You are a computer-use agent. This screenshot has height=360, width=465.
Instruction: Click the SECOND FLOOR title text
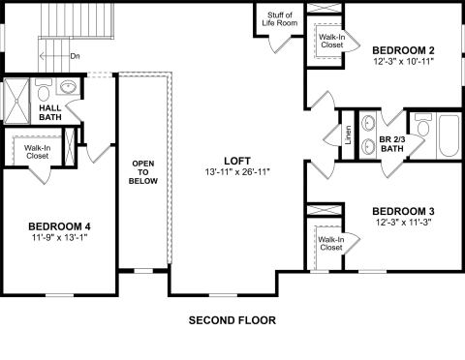pyautogui.click(x=232, y=320)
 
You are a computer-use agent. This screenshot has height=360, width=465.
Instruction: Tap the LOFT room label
pyautogui.click(x=237, y=161)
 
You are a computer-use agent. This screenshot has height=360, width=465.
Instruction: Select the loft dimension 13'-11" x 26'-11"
pyautogui.click(x=237, y=172)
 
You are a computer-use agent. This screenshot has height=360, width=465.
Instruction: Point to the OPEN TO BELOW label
pyautogui.click(x=143, y=172)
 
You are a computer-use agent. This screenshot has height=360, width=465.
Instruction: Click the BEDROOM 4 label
pyautogui.click(x=59, y=226)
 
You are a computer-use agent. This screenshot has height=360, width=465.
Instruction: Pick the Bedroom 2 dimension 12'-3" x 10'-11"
pyautogui.click(x=403, y=61)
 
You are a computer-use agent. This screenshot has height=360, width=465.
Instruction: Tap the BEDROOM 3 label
pyautogui.click(x=403, y=211)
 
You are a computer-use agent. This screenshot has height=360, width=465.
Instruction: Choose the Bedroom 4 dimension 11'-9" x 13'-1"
pyautogui.click(x=60, y=238)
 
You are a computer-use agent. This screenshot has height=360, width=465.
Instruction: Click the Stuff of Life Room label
pyautogui.click(x=280, y=19)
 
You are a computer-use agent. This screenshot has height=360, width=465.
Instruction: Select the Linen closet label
pyautogui.click(x=348, y=135)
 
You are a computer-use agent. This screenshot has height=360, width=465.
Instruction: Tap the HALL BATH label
pyautogui.click(x=50, y=112)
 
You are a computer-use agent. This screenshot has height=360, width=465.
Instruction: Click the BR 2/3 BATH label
pyautogui.click(x=392, y=144)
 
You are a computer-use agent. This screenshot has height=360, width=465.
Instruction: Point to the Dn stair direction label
pyautogui.click(x=75, y=56)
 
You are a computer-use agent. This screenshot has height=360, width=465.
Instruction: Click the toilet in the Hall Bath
pyautogui.click(x=43, y=90)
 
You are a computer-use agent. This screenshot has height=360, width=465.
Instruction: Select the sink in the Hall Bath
pyautogui.click(x=69, y=86)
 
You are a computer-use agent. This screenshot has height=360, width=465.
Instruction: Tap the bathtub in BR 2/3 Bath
pyautogui.click(x=449, y=135)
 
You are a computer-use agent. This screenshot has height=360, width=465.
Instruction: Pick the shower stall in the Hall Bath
pyautogui.click(x=16, y=101)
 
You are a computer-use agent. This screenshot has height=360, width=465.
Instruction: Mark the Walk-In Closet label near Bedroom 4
pyautogui.click(x=38, y=152)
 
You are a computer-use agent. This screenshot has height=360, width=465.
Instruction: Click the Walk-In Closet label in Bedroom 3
pyautogui.click(x=331, y=244)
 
